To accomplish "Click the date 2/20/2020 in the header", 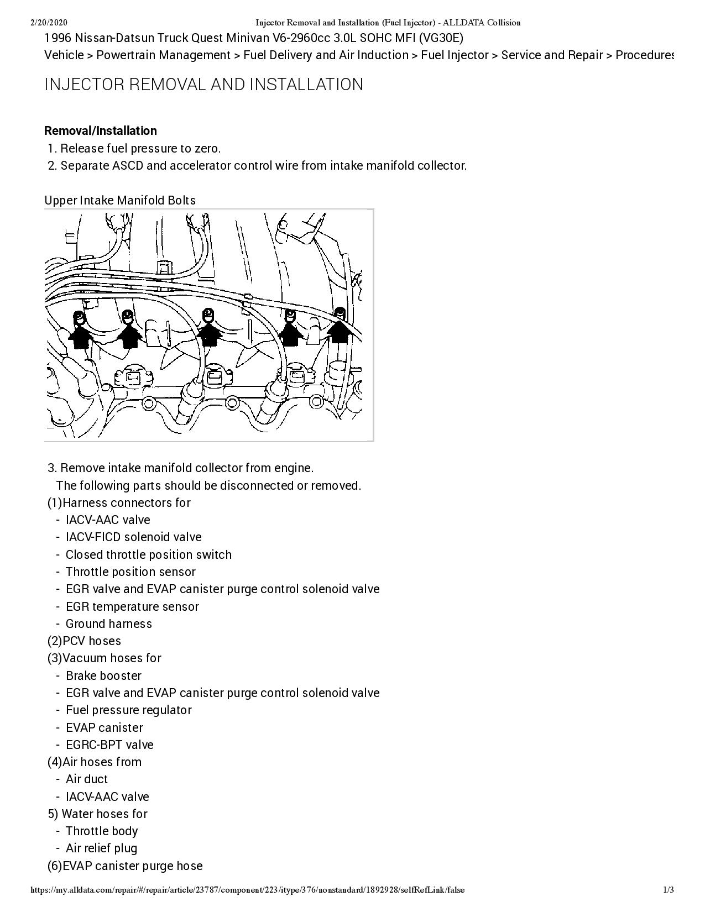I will (48, 23).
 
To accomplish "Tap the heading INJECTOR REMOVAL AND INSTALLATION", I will (203, 85).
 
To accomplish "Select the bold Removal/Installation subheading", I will (100, 131).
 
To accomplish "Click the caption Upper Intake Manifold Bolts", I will (119, 200).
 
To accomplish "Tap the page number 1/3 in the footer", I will (669, 890).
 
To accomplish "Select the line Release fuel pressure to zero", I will (140, 149).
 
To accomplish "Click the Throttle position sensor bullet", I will (130, 572).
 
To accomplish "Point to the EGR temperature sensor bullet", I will (132, 607).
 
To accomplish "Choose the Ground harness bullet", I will (108, 624).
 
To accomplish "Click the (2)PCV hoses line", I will (84, 641).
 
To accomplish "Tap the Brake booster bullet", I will (103, 676).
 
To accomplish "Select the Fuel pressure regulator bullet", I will (128, 710).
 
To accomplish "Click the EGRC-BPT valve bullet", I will (109, 745).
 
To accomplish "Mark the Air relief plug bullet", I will (101, 848).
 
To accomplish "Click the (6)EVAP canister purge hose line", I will (125, 866).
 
